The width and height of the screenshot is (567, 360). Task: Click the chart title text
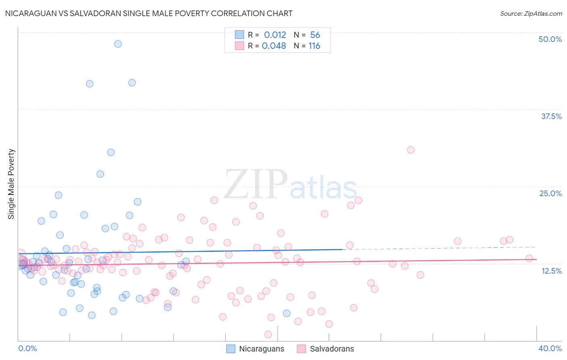[149, 13]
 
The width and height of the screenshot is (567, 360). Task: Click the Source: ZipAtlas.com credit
[531, 13]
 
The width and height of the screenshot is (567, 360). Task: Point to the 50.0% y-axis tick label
[550, 39]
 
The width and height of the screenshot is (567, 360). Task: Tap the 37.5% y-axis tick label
[551, 116]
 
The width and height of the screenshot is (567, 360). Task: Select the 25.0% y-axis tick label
[550, 193]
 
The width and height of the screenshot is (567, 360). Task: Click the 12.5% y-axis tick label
[551, 270]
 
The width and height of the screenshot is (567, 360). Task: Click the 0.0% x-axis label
[27, 348]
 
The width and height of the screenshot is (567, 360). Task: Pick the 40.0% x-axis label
[550, 348]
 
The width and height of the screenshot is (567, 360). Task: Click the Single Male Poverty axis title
[11, 184]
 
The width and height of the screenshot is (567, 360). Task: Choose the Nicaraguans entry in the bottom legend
[261, 349]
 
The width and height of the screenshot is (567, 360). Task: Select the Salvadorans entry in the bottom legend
[331, 349]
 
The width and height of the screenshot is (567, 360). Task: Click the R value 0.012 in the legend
[275, 35]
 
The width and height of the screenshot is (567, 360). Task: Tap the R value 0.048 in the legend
[274, 46]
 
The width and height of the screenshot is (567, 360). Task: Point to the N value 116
[314, 46]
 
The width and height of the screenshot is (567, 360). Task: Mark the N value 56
[315, 35]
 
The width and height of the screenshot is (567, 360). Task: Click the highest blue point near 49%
[118, 44]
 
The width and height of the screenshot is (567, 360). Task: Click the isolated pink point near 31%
[411, 150]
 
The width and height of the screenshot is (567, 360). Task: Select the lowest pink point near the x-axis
[268, 334]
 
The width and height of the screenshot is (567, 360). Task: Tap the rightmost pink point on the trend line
[529, 258]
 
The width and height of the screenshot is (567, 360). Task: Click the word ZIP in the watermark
[256, 185]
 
